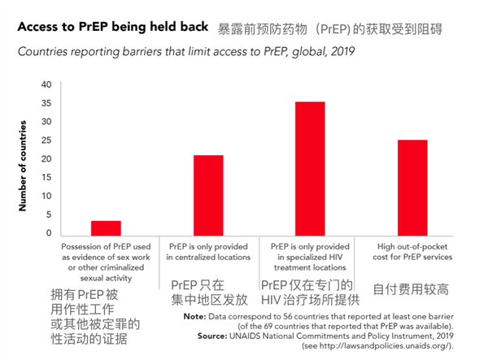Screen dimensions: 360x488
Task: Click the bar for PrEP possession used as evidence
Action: coord(106,228)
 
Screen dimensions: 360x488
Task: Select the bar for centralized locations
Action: coord(207,194)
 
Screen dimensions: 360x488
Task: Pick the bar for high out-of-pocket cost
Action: coord(412,187)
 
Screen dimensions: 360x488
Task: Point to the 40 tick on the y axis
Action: coord(46,85)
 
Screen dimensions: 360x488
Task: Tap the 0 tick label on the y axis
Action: coord(49,233)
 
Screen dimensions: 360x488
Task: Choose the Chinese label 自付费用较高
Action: coord(412,289)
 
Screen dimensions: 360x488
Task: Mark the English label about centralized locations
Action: coord(208,251)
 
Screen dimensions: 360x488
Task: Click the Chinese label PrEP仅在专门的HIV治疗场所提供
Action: coord(310,294)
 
